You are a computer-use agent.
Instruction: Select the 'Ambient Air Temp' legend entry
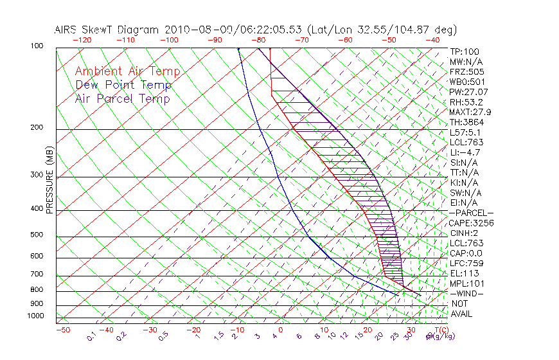[x=128, y=71]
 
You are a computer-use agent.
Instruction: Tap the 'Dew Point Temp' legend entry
[x=123, y=85]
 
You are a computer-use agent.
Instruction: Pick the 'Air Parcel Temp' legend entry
[x=123, y=98]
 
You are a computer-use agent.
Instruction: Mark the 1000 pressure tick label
[x=36, y=316]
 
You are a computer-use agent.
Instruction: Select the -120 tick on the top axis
[x=82, y=40]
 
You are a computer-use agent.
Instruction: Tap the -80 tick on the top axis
[x=258, y=40]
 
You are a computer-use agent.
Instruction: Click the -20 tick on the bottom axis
[x=193, y=330]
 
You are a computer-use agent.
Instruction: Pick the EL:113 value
[x=464, y=273]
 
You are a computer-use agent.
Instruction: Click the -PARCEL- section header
[x=471, y=213]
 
